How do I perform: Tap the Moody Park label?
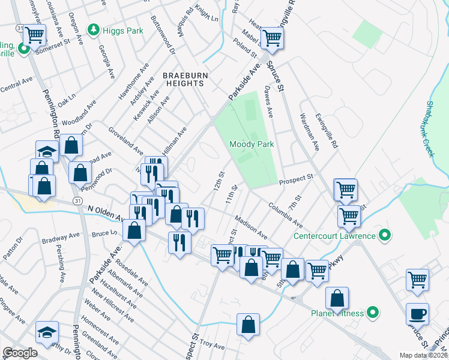click(252, 145)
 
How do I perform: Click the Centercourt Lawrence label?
click(334, 236)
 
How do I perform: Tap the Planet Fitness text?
click(337, 313)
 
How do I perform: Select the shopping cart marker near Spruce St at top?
click(273, 38)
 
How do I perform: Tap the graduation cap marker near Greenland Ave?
click(46, 332)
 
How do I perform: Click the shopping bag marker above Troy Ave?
click(248, 324)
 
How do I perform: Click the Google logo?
click(20, 353)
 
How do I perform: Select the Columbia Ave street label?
click(285, 214)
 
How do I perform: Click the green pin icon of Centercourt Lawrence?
click(381, 236)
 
